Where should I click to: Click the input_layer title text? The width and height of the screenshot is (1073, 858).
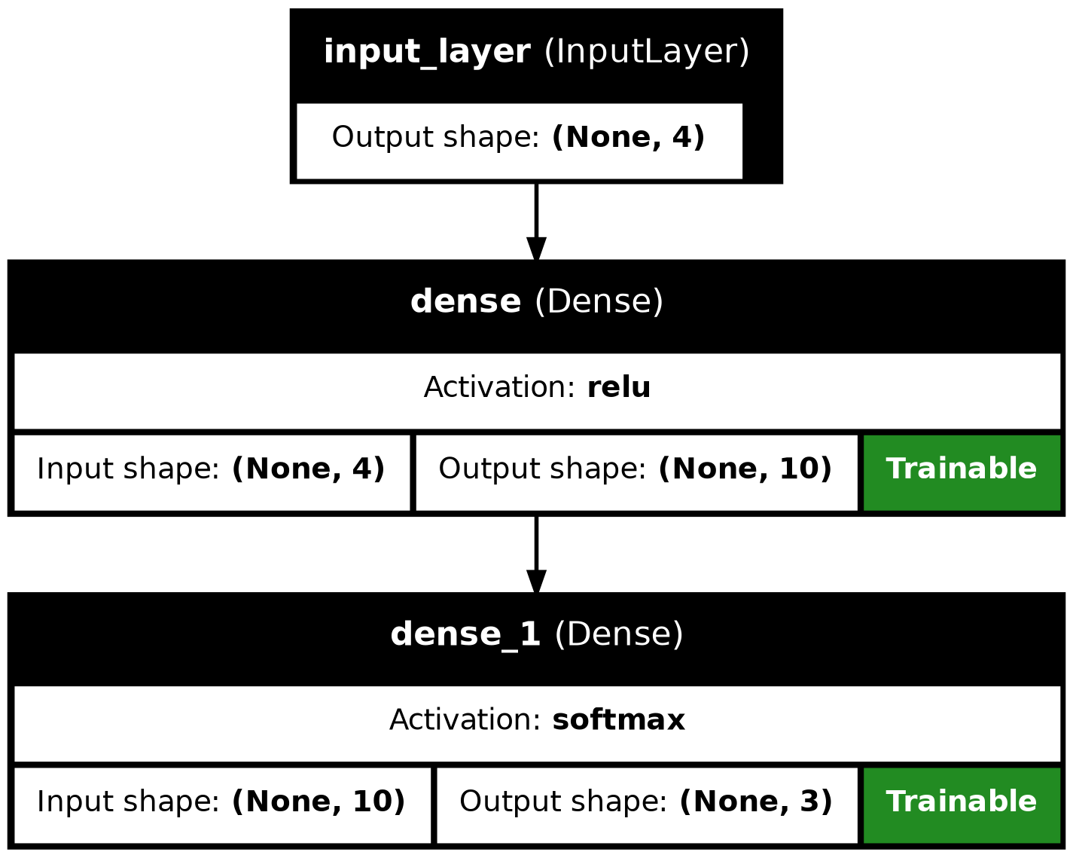[536, 52]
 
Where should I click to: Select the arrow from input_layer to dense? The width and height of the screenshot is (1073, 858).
[536, 218]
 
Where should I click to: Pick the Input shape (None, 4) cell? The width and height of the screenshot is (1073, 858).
[212, 469]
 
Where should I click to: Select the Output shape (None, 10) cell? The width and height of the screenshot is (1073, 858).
[636, 469]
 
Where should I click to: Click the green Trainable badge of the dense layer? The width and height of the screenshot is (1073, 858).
[961, 469]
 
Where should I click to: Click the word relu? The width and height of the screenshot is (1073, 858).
[618, 388]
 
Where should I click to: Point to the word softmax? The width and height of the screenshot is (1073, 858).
[618, 721]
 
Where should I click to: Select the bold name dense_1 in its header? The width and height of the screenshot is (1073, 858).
[465, 634]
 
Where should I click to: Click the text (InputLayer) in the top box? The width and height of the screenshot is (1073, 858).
[646, 52]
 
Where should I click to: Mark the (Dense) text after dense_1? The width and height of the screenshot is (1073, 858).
[618, 634]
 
